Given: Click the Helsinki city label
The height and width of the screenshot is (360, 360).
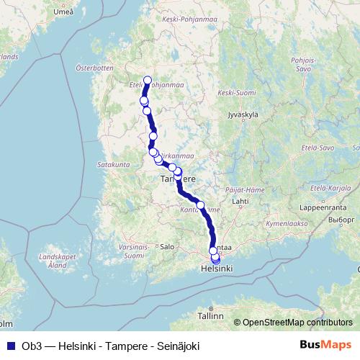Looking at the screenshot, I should tap(217, 269).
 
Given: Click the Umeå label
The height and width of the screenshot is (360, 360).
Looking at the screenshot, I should tap(43, 12).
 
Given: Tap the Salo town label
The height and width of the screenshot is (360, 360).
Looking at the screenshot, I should tap(167, 246).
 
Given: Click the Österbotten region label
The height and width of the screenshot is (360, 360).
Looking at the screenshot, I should tap(94, 68).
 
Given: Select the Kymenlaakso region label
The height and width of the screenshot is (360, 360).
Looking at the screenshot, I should tap(287, 224).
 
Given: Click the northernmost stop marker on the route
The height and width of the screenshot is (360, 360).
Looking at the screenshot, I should tap(148, 80).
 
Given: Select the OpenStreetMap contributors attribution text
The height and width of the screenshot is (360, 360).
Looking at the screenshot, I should tap(297, 323).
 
